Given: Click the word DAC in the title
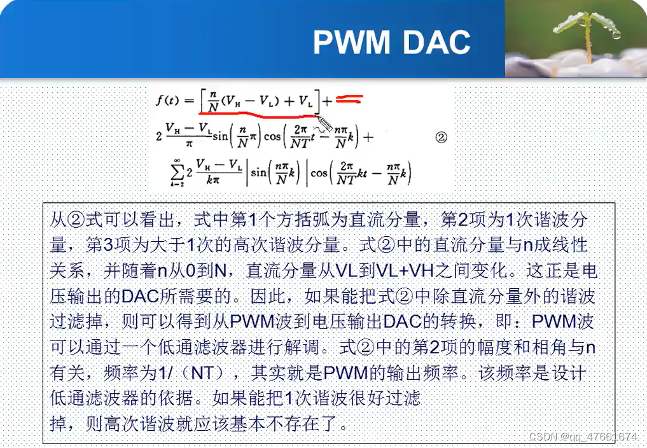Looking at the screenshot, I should pos(436,41).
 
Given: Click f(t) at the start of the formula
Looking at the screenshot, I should pos(169,101).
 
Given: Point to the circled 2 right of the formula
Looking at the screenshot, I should pos(441,137).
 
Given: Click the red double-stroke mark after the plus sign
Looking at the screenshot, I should pos(349,99).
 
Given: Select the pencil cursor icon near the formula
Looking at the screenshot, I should pos(324,122).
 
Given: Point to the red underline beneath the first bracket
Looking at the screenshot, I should pos(261,116).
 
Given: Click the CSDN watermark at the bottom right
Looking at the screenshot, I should pos(581,437).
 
